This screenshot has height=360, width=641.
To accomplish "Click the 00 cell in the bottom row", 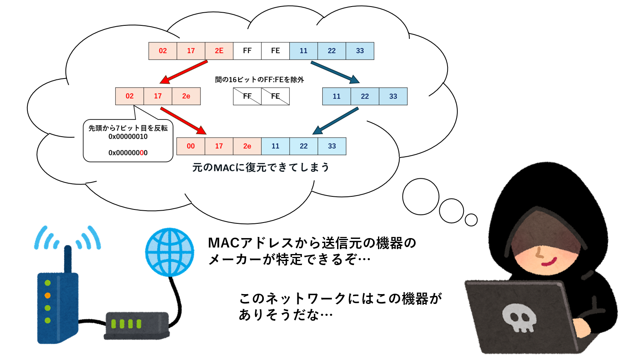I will coord(191,146).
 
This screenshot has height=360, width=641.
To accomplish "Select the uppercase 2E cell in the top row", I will coord(219,51).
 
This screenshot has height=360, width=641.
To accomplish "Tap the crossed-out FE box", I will coord(275,96).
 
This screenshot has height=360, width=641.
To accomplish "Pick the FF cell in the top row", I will coord(247,51).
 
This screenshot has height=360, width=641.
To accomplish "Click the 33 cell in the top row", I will coord(360,51).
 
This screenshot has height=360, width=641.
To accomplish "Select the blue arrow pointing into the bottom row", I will coord(335,121).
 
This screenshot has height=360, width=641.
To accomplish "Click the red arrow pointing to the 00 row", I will coord(183,121).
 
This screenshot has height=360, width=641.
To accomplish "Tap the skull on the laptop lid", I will coord(519,317).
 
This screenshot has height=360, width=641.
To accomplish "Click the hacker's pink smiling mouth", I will coord(549,261).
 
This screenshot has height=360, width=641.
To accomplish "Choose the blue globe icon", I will coord(170,252).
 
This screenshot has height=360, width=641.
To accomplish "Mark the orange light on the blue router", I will coord(47,295).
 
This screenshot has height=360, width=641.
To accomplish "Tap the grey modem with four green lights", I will coord(136,326).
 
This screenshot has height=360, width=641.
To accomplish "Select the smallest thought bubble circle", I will coord(471,220).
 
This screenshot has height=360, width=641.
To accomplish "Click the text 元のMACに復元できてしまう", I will coord(261,167).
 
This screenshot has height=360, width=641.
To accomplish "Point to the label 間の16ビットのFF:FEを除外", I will coord(259,80).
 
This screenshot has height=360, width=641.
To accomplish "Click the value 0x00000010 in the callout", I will coord(128,137).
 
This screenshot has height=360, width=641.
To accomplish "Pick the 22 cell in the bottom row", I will coord(304,146).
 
